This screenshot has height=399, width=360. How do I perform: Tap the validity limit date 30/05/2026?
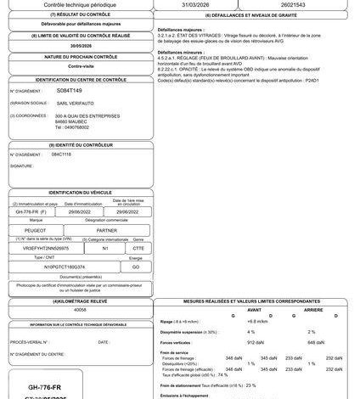pos(70,46)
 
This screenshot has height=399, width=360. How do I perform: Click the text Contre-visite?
pos(70,64)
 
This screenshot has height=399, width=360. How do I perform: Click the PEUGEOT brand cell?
pos(32,228)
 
